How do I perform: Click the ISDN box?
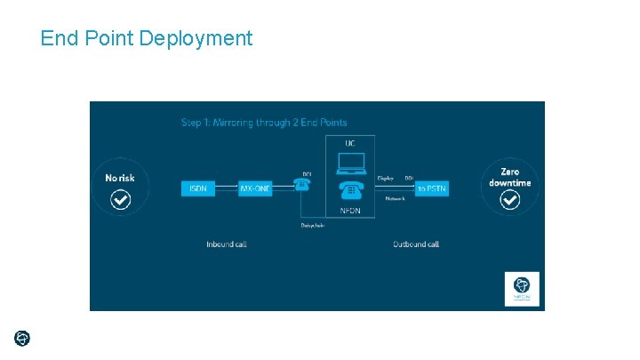pos(196,188)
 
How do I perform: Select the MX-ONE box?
pos(255,188)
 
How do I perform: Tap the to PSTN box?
pos(432,188)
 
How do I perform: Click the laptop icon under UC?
pos(350,164)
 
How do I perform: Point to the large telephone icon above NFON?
pos(350,191)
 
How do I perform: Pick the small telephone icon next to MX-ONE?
pos(302,184)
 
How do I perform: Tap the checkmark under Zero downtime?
pos(509,200)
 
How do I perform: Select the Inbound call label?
pos(226,244)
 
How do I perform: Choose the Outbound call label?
pos(416,244)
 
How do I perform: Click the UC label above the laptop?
pos(350,142)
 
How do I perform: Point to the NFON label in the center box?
pos(350,211)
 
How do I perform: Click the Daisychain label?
pos(313,225)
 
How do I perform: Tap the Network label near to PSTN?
pos(395,198)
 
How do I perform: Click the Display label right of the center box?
pos(385,178)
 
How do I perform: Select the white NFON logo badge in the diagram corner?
pos(522,289)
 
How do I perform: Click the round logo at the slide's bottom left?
pos(22,338)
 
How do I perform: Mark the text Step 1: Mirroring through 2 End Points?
pos(264,122)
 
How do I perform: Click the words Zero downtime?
pos(509,177)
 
